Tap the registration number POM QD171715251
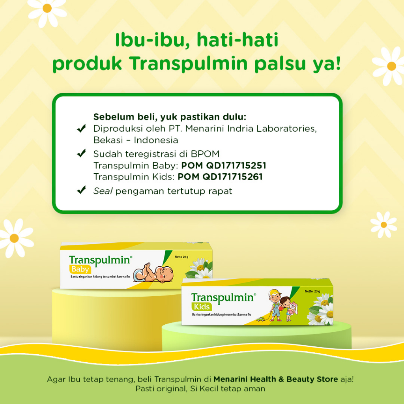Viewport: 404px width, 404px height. click(x=224, y=165)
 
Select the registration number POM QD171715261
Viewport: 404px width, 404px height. click(x=220, y=177)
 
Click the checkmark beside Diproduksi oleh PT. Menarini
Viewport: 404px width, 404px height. click(x=81, y=128)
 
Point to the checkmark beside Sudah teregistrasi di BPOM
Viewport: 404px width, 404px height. click(x=81, y=153)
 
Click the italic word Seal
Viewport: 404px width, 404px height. click(x=103, y=191)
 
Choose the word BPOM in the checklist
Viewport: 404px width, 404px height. click(x=205, y=154)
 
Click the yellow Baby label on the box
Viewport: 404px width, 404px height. click(x=80, y=269)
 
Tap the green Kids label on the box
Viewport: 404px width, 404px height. click(x=202, y=307)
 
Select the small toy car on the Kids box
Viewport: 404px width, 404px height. click(x=261, y=320)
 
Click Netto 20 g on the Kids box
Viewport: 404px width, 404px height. click(x=312, y=292)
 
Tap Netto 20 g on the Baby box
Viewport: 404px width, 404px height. click(x=181, y=257)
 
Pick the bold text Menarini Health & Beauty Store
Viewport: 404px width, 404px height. click(x=276, y=379)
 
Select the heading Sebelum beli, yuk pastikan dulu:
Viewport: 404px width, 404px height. click(x=170, y=117)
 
